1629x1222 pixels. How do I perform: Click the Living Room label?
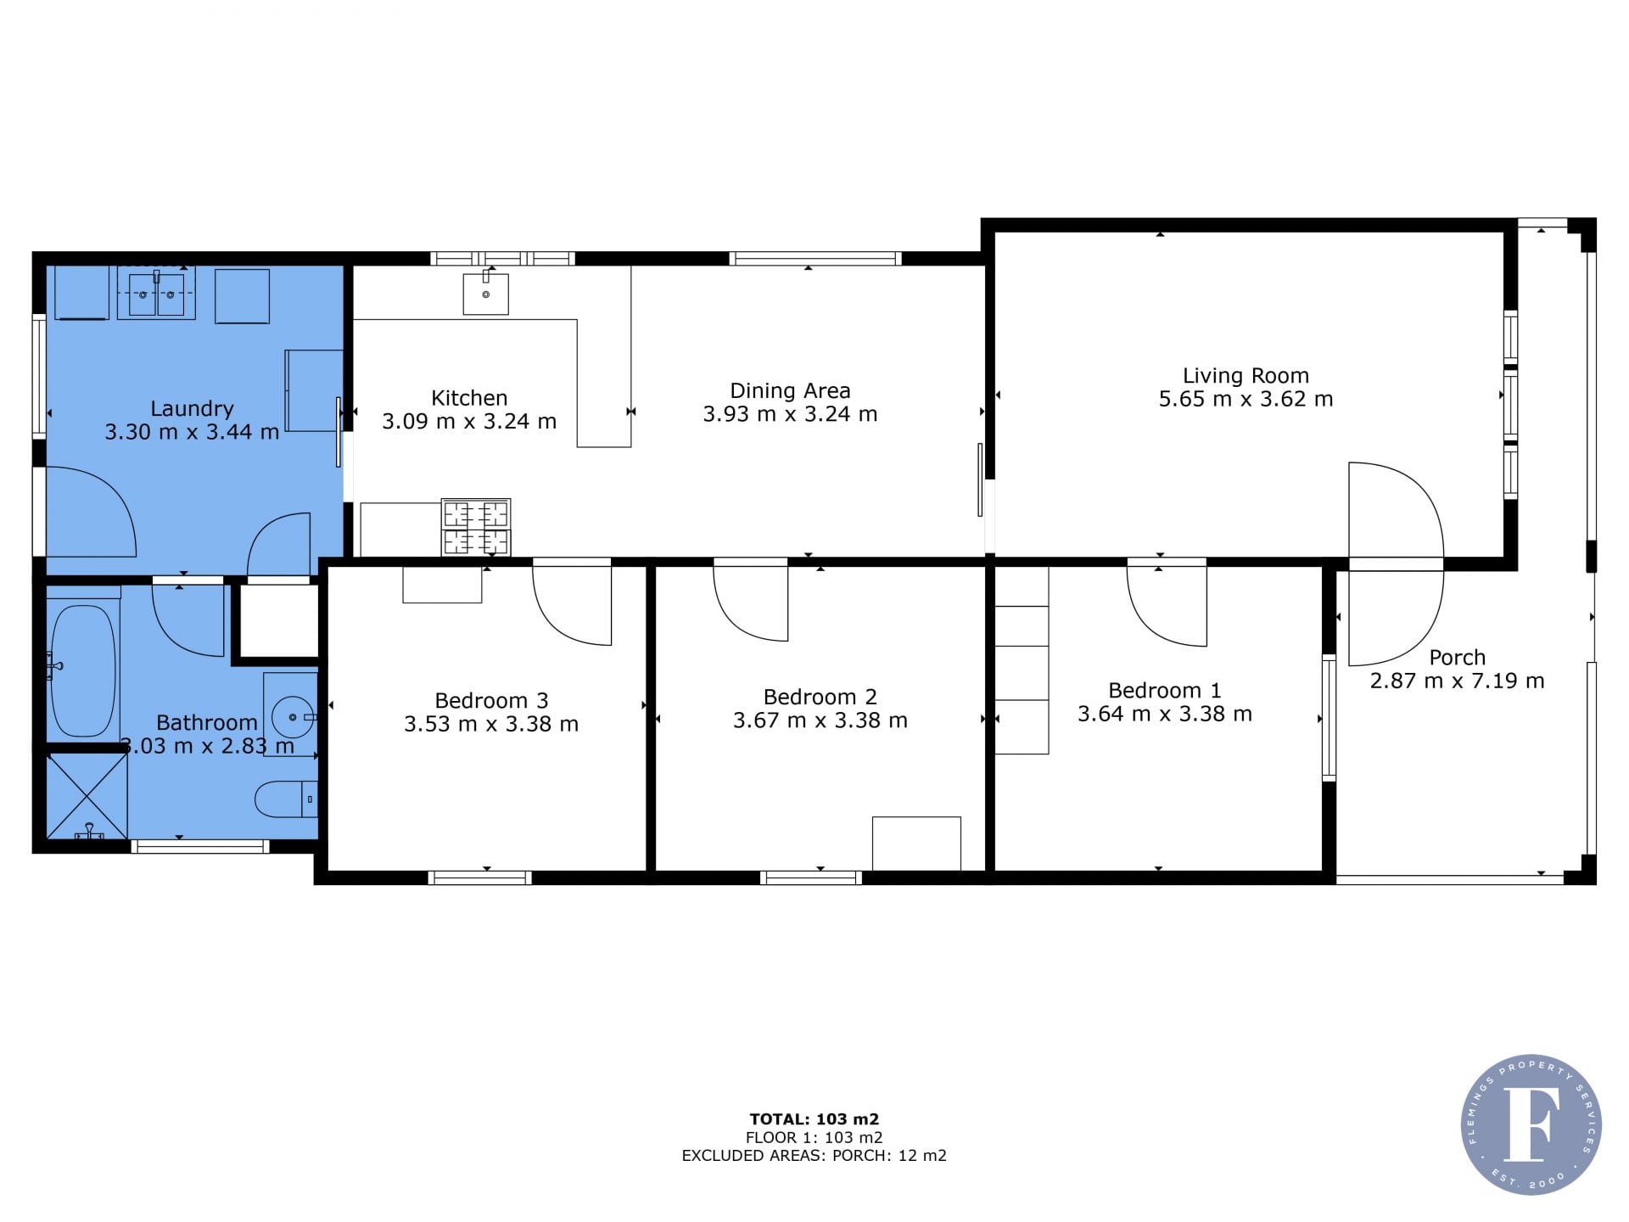pos(1246,375)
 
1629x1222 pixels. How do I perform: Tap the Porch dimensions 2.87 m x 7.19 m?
pos(1457,681)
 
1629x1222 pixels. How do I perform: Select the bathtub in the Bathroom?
pos(82,670)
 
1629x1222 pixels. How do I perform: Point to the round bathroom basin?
pos(293,717)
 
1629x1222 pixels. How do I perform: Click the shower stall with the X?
pos(87,796)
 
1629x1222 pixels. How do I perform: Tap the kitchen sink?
pos(485,294)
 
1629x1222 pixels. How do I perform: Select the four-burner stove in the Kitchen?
pos(476,527)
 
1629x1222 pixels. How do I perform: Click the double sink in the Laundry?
pos(156,294)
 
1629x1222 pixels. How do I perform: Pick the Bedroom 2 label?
pos(820,697)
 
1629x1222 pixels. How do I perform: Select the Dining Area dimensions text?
pos(790,414)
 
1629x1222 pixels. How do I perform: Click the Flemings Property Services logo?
pos(1531,1124)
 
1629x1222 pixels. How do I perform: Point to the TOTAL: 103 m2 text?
pos(814,1119)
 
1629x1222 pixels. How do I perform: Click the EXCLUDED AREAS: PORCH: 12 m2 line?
pos(814,1155)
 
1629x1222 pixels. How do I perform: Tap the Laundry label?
pos(192,409)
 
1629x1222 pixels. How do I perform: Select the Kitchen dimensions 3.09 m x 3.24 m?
pos(469,422)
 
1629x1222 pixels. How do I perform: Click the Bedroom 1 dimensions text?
pos(1165,715)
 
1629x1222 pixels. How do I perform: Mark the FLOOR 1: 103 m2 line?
pos(814,1137)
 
